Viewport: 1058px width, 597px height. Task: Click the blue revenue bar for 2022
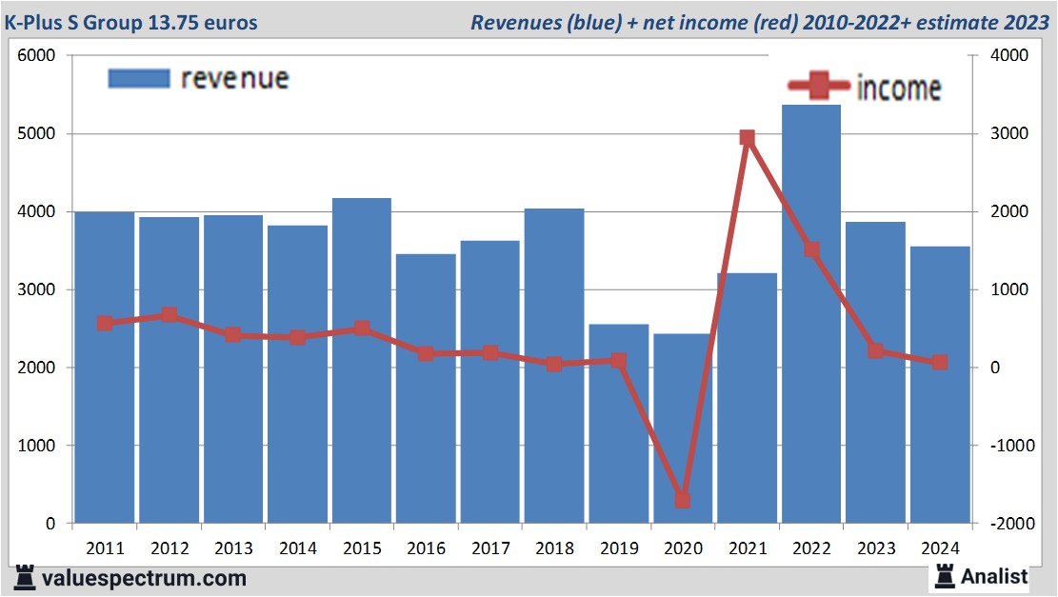tap(810, 314)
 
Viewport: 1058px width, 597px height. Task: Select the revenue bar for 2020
tap(682, 428)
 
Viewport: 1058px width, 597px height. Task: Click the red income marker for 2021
tap(747, 138)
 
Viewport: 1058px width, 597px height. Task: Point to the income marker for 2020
tap(682, 500)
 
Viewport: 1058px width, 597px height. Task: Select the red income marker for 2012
tap(169, 315)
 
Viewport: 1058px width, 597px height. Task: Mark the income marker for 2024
tap(940, 362)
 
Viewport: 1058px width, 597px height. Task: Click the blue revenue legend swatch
tap(139, 78)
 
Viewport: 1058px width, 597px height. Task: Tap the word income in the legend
tap(899, 89)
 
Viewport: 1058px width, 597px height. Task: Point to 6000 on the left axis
tap(37, 56)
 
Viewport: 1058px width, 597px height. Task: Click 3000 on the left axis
tap(37, 289)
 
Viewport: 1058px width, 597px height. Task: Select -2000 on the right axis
tap(1008, 524)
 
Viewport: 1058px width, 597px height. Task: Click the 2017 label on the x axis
tap(490, 549)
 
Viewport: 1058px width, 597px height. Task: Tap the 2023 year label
tap(876, 549)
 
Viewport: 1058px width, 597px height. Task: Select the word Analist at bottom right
tap(994, 576)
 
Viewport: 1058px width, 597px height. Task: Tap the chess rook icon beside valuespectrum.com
tap(25, 578)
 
